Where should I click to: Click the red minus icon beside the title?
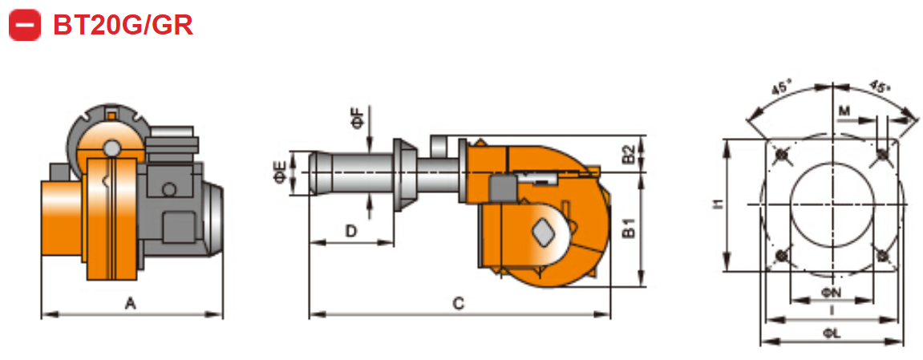(x=25, y=25)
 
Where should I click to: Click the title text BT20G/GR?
(x=123, y=25)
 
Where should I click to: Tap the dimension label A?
(x=130, y=302)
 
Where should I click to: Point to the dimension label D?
(x=350, y=231)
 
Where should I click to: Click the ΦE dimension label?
(x=279, y=172)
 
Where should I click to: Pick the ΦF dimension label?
(x=357, y=119)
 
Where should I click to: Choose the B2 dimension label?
(x=630, y=153)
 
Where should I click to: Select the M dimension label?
(x=843, y=109)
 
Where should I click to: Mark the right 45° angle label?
(x=879, y=86)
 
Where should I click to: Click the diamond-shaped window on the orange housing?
(x=543, y=231)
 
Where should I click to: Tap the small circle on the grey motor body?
(x=169, y=190)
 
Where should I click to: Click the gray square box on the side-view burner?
(x=503, y=189)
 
